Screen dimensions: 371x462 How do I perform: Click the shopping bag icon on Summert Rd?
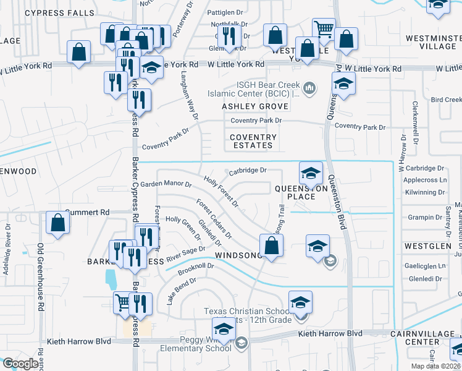[57, 224]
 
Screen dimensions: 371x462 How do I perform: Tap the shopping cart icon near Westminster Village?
[324, 29]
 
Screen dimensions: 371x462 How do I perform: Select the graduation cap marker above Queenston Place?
[311, 173]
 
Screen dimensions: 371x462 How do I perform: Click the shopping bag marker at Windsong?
[272, 246]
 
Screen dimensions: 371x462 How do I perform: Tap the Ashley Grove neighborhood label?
[246, 106]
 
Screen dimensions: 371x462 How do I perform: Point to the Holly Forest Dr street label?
[220, 191]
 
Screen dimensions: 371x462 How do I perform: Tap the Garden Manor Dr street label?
[166, 184]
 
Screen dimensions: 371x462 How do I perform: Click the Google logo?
[20, 364]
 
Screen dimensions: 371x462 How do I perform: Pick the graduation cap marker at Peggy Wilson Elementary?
[224, 328]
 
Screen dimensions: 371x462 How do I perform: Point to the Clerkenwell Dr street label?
[416, 129]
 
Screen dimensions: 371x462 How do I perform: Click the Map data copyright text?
[436, 366]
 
